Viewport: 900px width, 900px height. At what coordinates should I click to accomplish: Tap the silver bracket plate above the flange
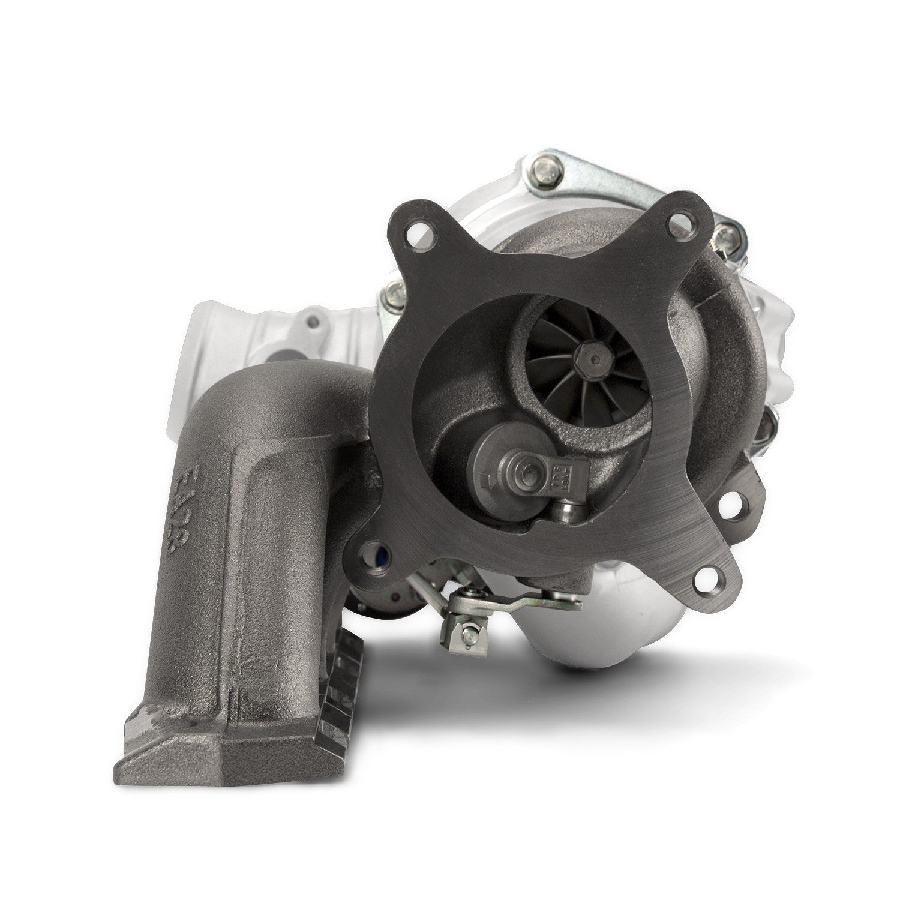606,174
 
